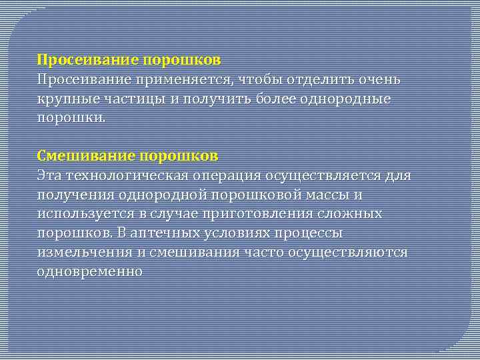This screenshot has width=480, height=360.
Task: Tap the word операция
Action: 227,175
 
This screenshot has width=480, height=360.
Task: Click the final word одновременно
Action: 90,272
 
